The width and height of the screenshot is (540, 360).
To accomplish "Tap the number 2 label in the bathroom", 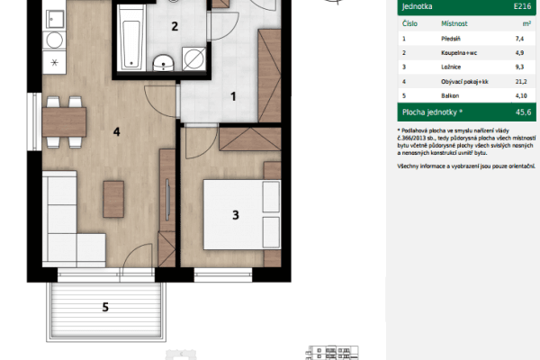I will pyautogui.click(x=175, y=26).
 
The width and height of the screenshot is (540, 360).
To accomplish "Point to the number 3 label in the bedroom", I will pyautogui.click(x=235, y=214).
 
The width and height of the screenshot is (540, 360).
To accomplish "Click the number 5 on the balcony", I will pyautogui.click(x=105, y=308).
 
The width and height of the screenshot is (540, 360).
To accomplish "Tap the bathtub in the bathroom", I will pyautogui.click(x=129, y=36).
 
